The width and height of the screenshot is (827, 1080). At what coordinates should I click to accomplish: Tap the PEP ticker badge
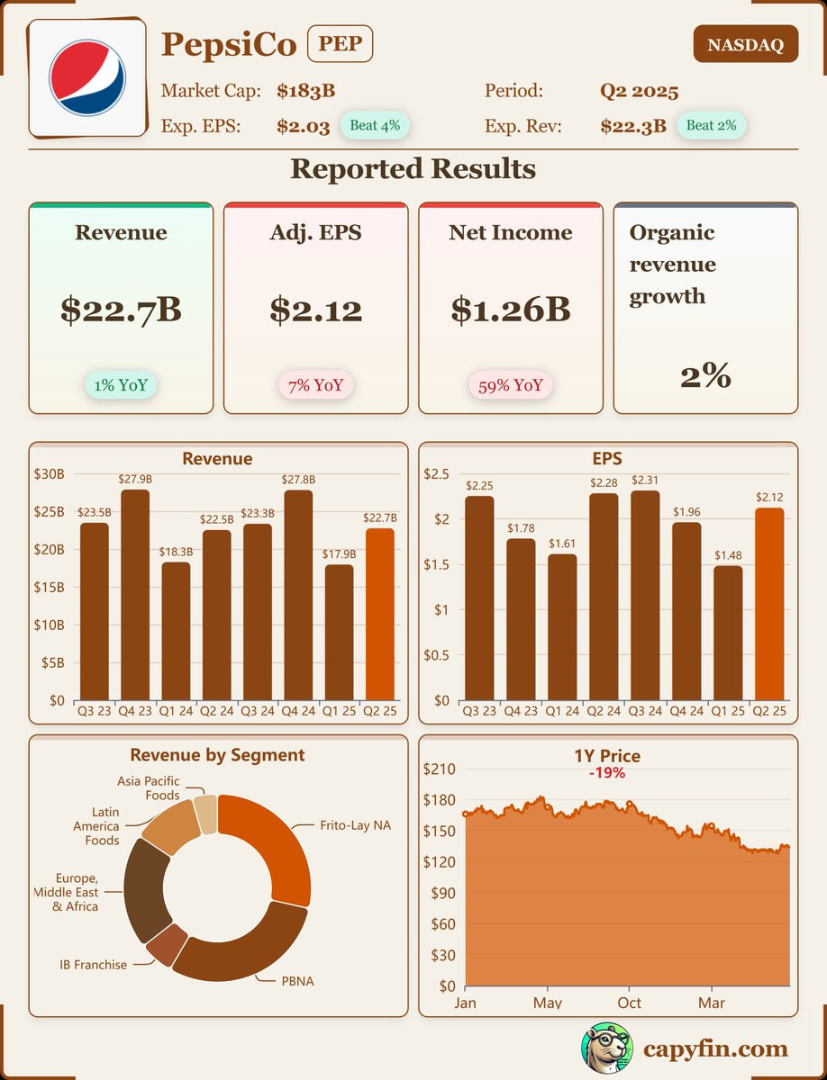point(340,44)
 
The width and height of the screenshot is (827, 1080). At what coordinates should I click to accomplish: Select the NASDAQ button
point(745,44)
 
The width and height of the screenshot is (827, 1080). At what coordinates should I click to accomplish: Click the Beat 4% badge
point(375,125)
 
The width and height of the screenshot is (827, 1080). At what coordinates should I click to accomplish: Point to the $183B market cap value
point(306,91)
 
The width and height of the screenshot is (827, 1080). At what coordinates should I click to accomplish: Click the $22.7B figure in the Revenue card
point(121,309)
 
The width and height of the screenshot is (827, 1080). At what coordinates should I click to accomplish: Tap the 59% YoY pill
point(511,385)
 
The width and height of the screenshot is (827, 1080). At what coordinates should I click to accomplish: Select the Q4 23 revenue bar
point(135,594)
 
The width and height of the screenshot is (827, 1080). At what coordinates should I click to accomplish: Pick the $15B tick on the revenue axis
point(50,587)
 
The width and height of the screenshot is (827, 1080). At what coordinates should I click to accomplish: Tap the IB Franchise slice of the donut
point(166,942)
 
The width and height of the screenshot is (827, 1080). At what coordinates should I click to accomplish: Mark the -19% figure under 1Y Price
point(606,772)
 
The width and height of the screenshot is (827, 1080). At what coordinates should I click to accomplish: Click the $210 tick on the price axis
point(439,769)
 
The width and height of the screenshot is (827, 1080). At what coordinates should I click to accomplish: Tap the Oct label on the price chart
point(629,1002)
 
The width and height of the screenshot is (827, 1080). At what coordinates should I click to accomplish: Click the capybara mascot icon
point(605,1048)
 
